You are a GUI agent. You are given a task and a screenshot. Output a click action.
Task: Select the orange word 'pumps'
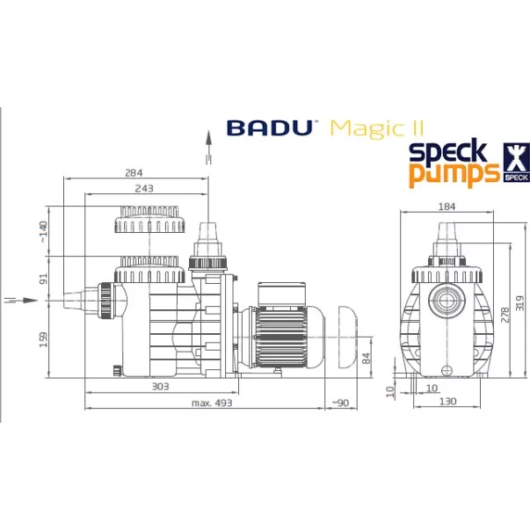pyautogui.click(x=452, y=173)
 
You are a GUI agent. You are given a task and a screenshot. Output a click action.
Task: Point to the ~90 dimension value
pyautogui.click(x=342, y=403)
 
